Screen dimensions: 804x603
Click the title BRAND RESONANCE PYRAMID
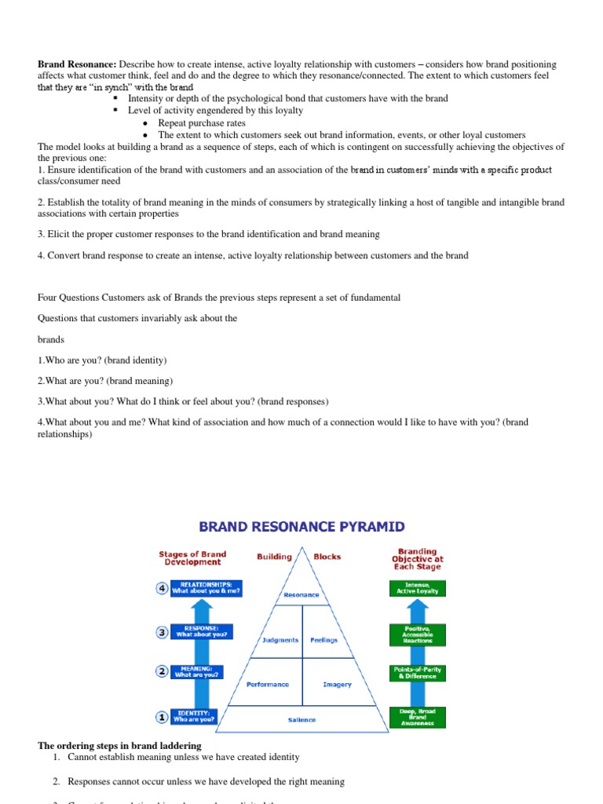301,526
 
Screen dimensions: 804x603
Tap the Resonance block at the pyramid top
301,594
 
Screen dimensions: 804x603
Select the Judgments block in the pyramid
280,640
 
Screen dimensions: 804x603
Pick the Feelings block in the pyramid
323,640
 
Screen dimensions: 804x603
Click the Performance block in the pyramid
267,684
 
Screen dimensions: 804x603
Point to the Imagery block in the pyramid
337,684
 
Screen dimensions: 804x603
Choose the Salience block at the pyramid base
301,719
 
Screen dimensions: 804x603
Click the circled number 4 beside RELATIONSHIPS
161,588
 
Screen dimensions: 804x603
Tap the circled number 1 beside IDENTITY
161,717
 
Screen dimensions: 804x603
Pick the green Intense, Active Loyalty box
417,587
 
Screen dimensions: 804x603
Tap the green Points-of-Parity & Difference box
417,672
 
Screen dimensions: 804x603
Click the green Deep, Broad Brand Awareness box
417,716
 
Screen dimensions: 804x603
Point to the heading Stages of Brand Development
192,557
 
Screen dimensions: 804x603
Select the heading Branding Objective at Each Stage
417,559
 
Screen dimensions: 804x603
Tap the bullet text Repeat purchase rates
202,122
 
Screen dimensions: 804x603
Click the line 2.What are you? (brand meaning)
105,381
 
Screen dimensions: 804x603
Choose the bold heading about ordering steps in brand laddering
119,745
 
